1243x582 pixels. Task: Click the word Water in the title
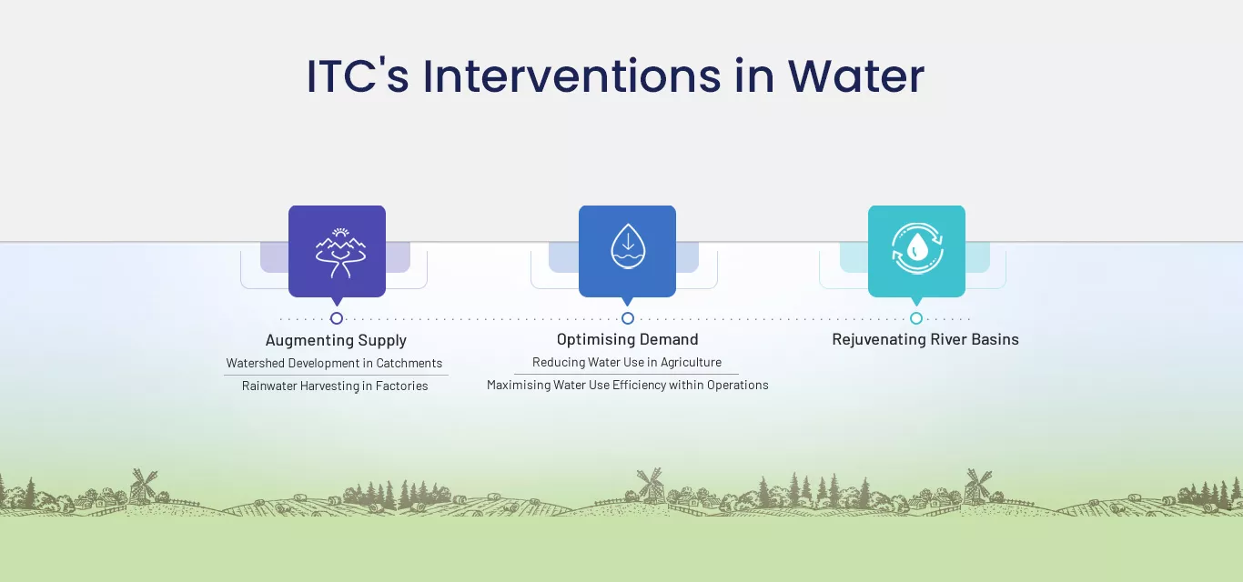tap(856, 76)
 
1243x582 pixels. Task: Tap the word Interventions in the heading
tap(571, 76)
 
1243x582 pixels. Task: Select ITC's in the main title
tap(358, 76)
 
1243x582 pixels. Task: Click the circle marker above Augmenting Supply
tap(337, 318)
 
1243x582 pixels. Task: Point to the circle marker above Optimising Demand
tap(628, 318)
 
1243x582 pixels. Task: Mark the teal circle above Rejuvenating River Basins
tap(916, 318)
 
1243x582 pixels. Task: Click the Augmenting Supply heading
tap(336, 340)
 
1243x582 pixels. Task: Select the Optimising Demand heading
tap(628, 339)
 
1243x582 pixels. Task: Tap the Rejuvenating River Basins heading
tap(925, 339)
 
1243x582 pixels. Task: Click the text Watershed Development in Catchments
tap(334, 364)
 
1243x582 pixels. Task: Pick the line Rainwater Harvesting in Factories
tap(335, 386)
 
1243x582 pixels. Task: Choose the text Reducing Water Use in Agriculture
tap(627, 362)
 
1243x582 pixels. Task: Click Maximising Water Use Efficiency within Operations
tap(628, 385)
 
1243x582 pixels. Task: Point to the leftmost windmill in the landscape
tap(143, 487)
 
